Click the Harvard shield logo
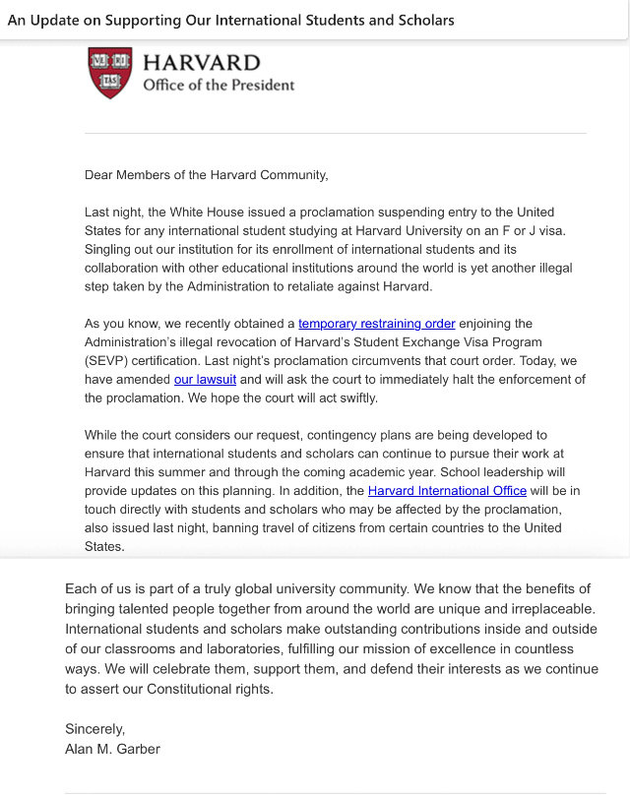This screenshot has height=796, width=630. (x=110, y=72)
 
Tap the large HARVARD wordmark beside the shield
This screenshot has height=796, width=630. (x=202, y=62)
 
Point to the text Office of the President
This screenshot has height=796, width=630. (x=219, y=85)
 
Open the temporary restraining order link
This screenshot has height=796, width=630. (x=377, y=324)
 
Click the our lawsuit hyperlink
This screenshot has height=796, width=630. (x=205, y=380)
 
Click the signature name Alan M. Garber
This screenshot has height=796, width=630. (x=112, y=749)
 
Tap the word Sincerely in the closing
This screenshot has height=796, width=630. (x=95, y=729)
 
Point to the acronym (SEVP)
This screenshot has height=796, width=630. (x=109, y=361)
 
